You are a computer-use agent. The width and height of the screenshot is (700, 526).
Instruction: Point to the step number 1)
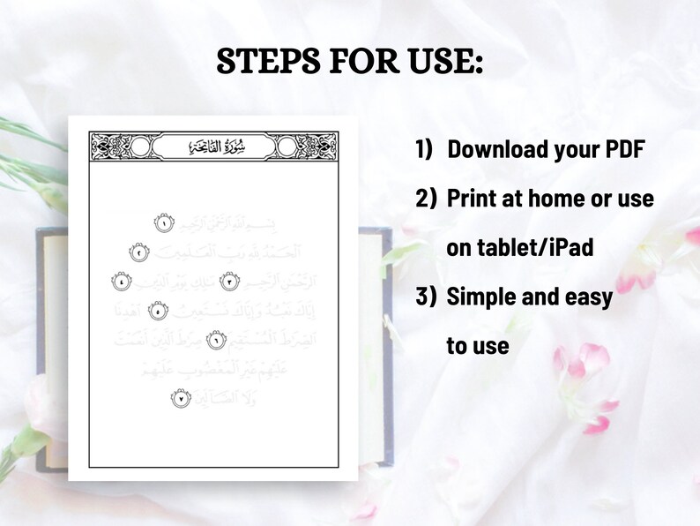pos(425,149)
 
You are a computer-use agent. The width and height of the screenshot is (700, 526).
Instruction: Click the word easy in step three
pos(588,297)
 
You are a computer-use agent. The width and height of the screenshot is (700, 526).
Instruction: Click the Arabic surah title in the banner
pos(213,147)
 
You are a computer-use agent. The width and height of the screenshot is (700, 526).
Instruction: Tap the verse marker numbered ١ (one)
pos(163,223)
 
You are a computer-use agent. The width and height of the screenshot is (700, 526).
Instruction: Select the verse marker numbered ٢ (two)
pos(139,252)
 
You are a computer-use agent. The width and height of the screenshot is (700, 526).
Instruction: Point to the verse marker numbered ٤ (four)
pos(122,282)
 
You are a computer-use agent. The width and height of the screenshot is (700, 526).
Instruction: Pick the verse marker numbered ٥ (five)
pos(157,311)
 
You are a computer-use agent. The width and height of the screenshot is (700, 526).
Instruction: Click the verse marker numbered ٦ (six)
pos(215,340)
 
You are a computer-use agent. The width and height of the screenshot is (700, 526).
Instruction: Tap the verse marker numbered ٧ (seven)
pos(180,399)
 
